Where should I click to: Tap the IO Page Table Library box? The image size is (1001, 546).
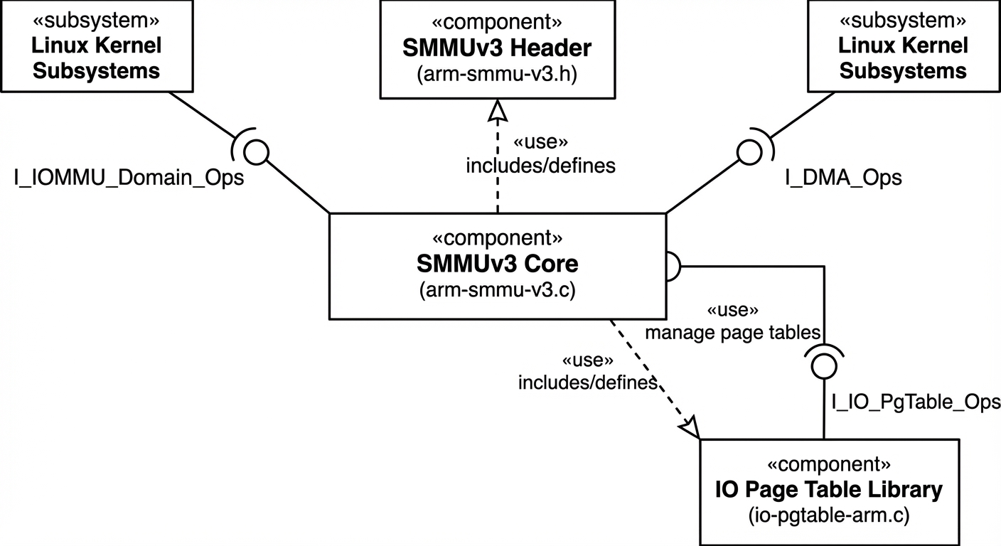(x=828, y=491)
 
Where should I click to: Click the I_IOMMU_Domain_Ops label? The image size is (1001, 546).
(x=129, y=178)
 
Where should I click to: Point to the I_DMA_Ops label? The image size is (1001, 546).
(x=843, y=178)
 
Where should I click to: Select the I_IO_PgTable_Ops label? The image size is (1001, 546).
(x=916, y=402)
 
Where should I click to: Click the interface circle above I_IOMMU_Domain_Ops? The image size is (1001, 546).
(x=256, y=150)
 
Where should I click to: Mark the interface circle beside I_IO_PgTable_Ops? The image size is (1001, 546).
(x=823, y=365)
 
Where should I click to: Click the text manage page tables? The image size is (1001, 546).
(x=733, y=332)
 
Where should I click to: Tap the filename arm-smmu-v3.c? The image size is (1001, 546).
(x=497, y=290)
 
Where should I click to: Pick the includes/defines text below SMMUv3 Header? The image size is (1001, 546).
(x=540, y=166)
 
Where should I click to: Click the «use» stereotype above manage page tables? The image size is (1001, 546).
(x=733, y=311)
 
